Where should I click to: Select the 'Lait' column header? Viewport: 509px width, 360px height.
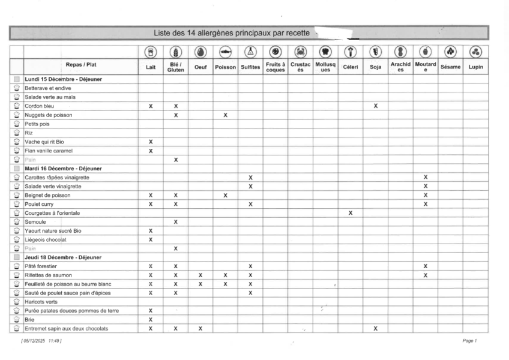pos(151,67)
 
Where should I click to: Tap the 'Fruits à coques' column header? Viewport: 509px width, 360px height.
pos(275,67)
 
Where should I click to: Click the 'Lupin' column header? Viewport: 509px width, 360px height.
pos(475,67)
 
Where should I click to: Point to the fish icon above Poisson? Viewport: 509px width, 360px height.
pos(225,52)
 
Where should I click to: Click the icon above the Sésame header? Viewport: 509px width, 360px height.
pos(450,52)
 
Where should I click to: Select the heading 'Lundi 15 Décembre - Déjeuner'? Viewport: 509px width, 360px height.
pos(63,79)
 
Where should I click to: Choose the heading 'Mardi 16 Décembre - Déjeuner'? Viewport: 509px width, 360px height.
pos(63,169)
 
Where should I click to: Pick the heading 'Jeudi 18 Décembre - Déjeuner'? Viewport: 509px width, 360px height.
pos(62,257)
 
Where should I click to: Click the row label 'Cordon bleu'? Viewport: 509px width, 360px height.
pos(39,106)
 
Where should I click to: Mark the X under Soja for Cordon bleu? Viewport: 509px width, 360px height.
pos(375,106)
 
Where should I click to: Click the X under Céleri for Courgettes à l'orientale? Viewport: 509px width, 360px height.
pos(351,213)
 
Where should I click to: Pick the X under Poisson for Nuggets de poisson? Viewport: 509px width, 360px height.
pos(225,115)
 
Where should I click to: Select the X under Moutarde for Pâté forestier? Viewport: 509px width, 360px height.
pos(426,266)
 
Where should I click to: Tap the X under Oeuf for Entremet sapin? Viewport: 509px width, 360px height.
pos(200,329)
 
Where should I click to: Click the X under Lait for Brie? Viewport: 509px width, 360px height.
pos(151,320)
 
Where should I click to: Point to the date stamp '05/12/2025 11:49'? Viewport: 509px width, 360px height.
pos(41,341)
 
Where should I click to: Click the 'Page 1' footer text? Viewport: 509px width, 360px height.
pos(469,341)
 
